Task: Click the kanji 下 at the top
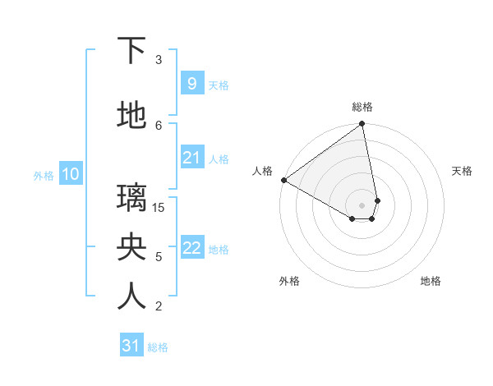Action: pos(131,51)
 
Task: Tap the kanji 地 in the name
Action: pos(131,117)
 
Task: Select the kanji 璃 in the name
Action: pos(131,198)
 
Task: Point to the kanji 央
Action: pos(131,247)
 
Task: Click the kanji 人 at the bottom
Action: pos(131,296)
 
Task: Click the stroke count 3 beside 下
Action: pos(159,59)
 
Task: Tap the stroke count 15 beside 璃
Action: pos(159,207)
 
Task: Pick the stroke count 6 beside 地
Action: pos(159,125)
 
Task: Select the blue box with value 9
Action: pos(191,83)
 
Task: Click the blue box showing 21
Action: pos(191,158)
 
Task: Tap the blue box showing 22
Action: pos(191,248)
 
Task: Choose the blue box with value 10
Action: pos(70,174)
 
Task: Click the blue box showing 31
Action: pos(131,346)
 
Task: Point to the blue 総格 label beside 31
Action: pos(159,347)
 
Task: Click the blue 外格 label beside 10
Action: pos(43,175)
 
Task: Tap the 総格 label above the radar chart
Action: pos(362,107)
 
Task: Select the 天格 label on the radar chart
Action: pos(462,171)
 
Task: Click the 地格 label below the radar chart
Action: pos(431,281)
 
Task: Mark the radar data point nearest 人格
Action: pos(283,180)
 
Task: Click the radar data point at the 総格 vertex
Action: pos(362,125)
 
